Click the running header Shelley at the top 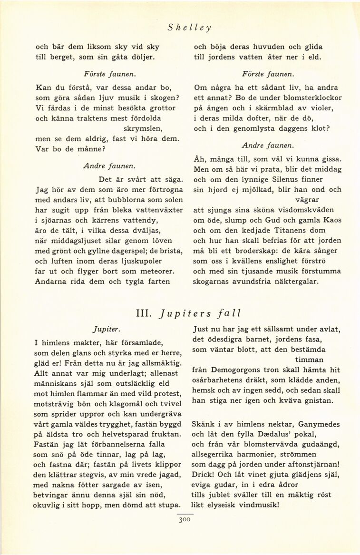pos(189,27)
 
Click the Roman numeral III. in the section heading pos(144,313)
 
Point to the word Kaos pos(331,220)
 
